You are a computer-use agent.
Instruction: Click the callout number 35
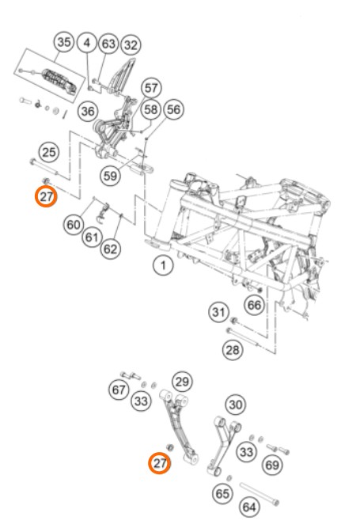(64, 42)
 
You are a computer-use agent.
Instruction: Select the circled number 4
(87, 43)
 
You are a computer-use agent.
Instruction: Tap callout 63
(108, 44)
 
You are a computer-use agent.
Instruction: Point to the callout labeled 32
(131, 45)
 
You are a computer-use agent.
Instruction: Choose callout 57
(151, 88)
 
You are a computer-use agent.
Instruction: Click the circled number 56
(173, 109)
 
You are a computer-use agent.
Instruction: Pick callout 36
(88, 112)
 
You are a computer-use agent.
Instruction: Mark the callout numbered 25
(49, 152)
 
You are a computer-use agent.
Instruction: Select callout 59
(110, 176)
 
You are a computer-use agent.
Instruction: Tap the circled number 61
(92, 238)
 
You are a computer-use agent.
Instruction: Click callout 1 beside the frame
(163, 265)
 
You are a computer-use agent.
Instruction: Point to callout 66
(255, 305)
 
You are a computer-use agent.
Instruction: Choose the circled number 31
(218, 312)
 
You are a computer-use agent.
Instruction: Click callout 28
(232, 349)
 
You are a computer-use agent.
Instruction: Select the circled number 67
(119, 390)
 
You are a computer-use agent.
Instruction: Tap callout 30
(236, 405)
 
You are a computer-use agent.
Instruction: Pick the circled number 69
(272, 465)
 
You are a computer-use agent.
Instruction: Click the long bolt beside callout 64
(260, 494)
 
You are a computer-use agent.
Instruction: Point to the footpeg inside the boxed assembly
(60, 81)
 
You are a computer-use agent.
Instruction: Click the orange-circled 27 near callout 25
(46, 196)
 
